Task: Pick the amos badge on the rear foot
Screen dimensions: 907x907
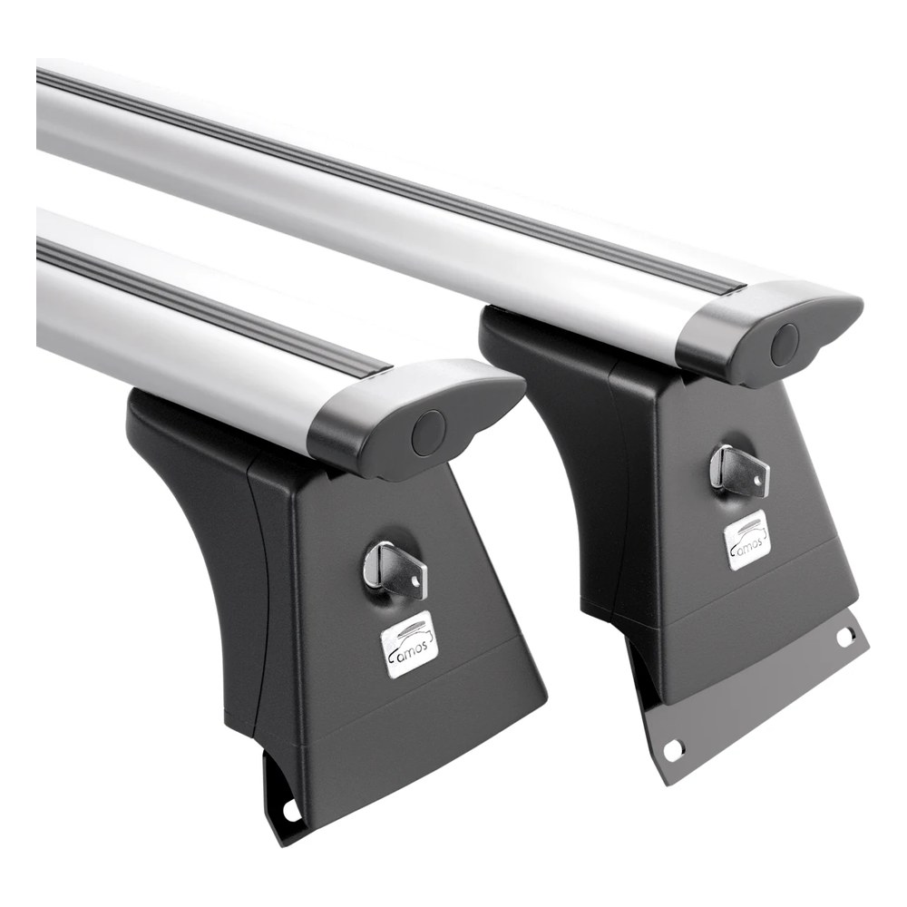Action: (748, 541)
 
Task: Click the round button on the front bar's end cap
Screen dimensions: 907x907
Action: (429, 431)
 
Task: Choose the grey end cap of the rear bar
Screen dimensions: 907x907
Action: (769, 333)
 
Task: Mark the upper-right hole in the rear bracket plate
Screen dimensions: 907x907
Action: (844, 637)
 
